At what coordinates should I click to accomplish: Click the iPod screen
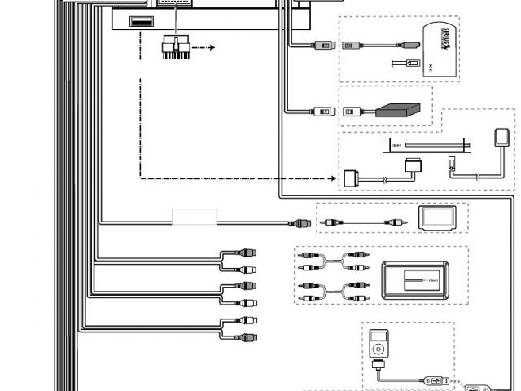click(x=376, y=337)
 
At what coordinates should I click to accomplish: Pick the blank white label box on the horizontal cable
click(x=194, y=217)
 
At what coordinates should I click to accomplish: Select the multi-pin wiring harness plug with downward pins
click(x=177, y=46)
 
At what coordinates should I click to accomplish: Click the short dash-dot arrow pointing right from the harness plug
click(x=208, y=47)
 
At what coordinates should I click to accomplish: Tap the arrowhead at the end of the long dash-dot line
click(x=333, y=177)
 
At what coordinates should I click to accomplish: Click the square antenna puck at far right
click(x=501, y=135)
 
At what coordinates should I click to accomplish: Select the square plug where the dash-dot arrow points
click(x=352, y=177)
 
